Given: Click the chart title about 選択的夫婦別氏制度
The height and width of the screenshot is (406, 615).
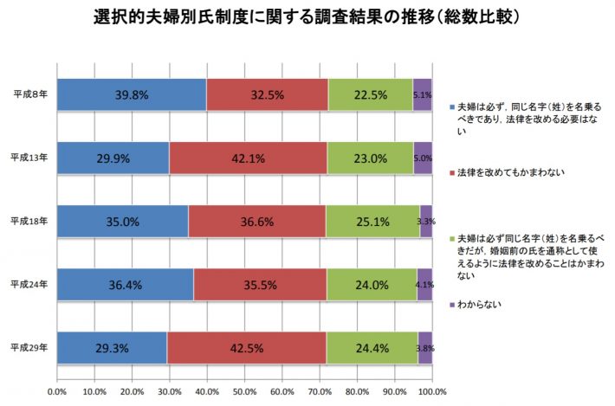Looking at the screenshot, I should (307, 16).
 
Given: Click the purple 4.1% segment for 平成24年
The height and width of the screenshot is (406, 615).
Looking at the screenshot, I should (424, 284).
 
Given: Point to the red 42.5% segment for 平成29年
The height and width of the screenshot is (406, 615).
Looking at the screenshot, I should (247, 347).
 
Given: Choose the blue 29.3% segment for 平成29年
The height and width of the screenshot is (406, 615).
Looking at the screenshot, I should (112, 347).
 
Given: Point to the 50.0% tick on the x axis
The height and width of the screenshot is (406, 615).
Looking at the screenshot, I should (244, 392).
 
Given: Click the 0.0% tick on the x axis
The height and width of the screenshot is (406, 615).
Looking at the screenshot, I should (57, 392).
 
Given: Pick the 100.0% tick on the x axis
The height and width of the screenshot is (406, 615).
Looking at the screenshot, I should (431, 392).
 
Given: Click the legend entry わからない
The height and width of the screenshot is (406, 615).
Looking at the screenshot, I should (482, 304).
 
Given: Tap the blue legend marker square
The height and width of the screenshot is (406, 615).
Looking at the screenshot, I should (450, 104).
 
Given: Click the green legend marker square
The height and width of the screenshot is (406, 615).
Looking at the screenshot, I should (450, 237).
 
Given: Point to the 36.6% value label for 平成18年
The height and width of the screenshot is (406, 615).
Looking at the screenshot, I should (258, 222).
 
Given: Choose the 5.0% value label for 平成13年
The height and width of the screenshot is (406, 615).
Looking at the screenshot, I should (423, 158).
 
